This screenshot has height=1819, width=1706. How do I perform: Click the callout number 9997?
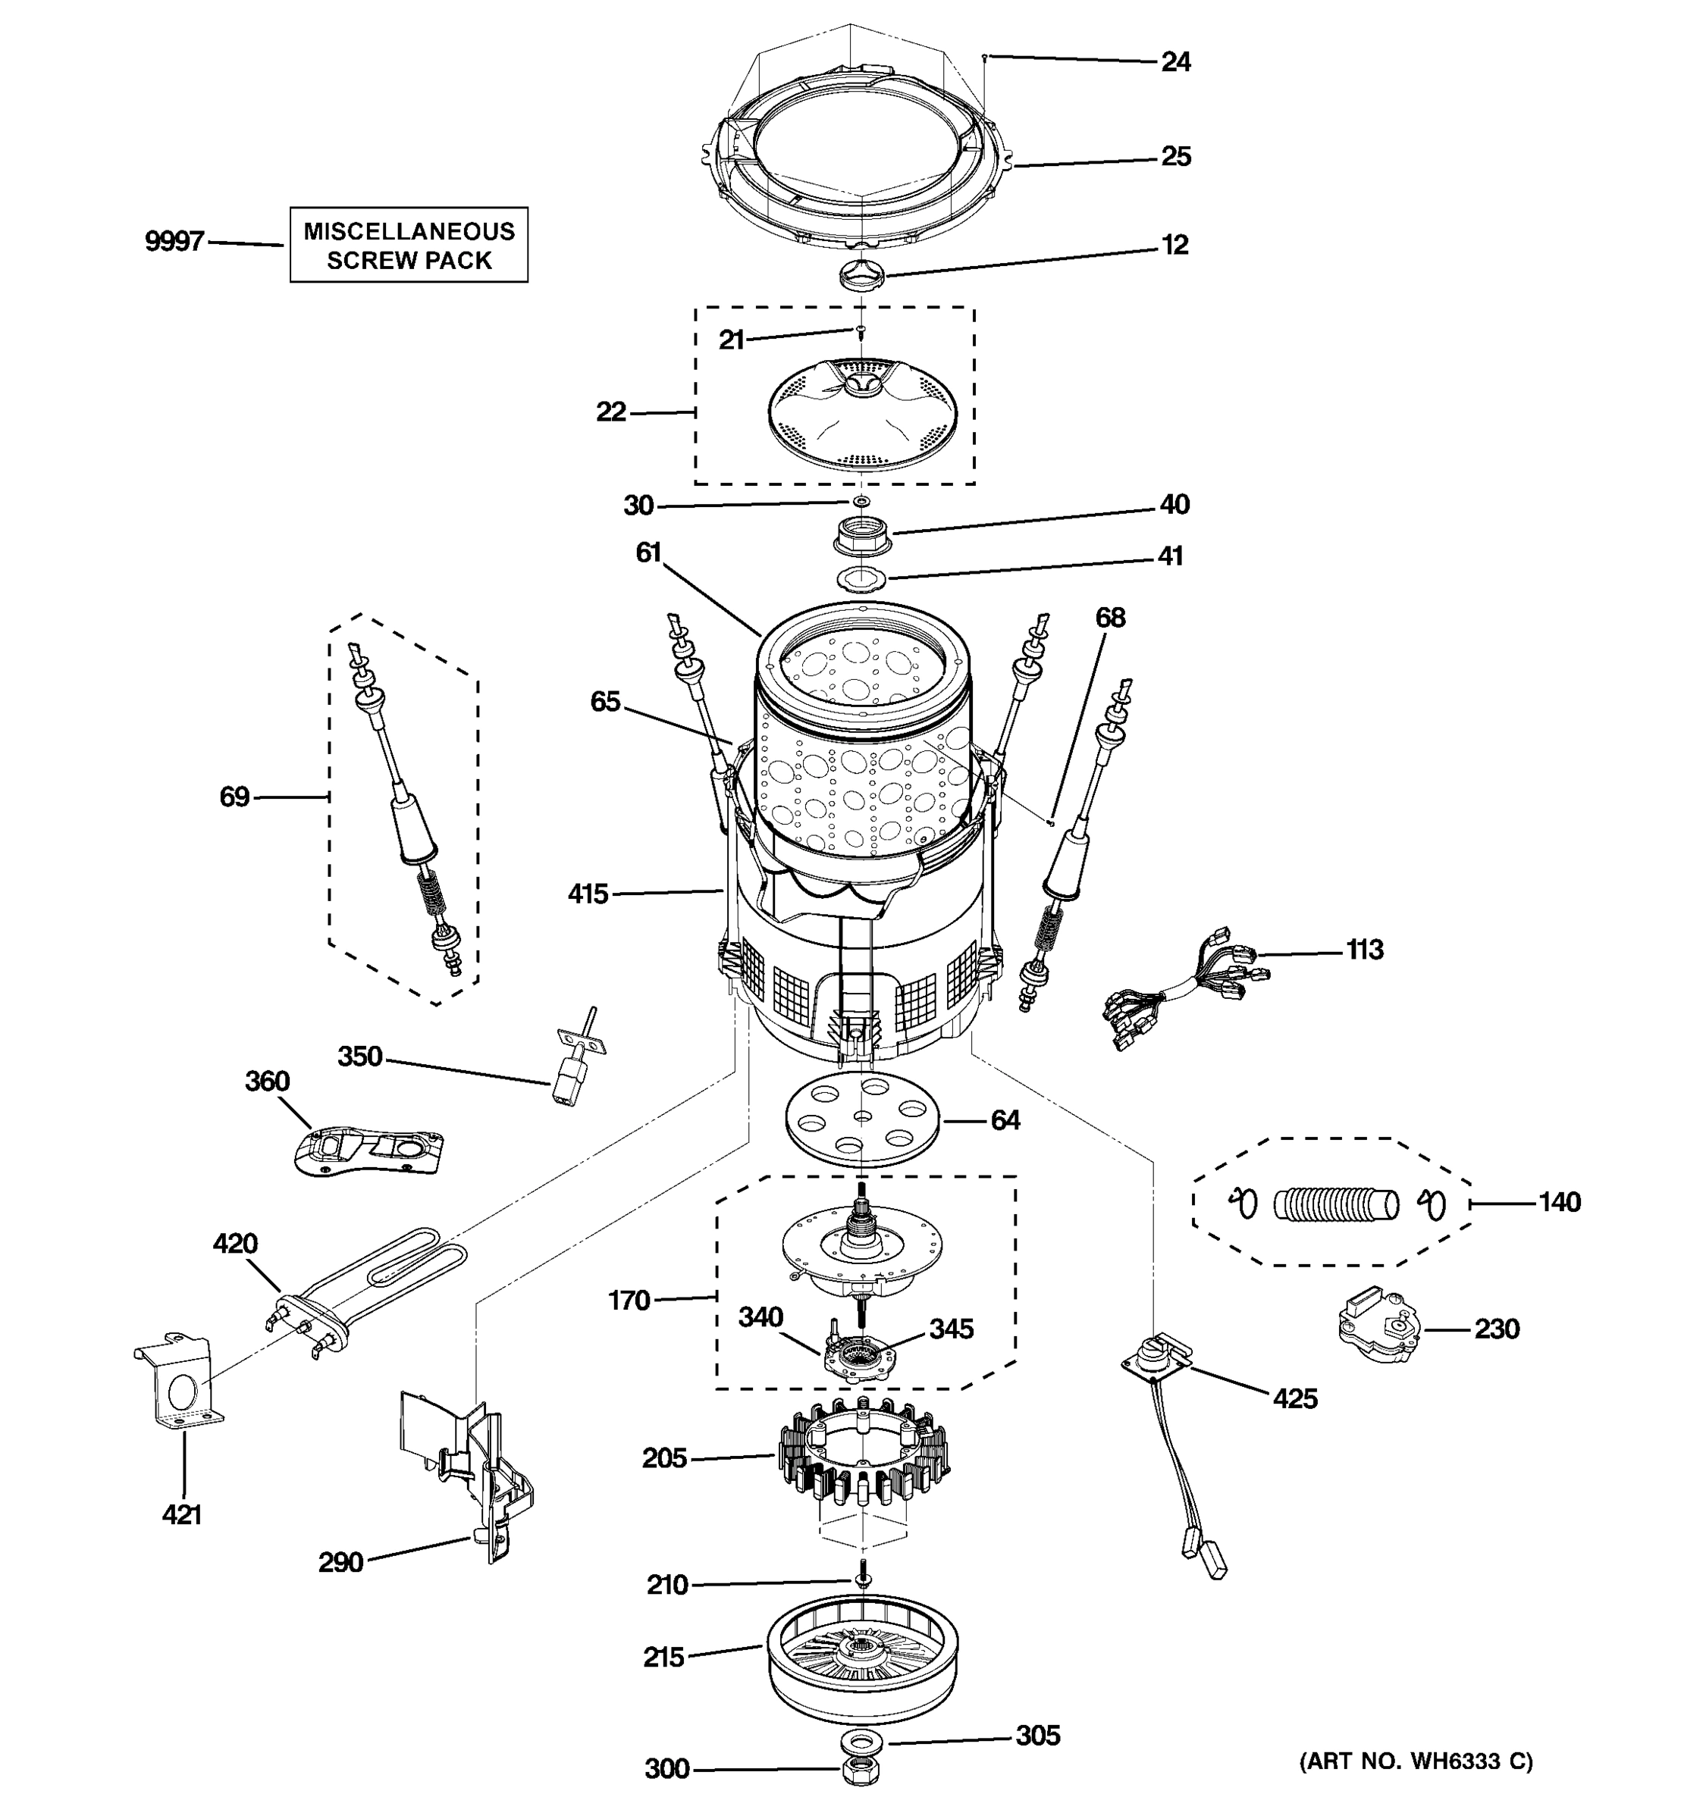(x=174, y=242)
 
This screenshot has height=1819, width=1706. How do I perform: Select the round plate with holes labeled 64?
(x=862, y=1121)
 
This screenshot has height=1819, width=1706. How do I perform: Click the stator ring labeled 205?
(x=862, y=1457)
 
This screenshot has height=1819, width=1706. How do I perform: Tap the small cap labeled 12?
(x=861, y=272)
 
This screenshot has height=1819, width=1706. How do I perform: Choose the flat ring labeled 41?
(x=861, y=578)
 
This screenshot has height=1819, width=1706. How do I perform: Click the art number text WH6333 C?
(x=1415, y=1761)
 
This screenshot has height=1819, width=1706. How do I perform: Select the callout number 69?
(x=234, y=797)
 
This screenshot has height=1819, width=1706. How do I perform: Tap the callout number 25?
(x=1175, y=156)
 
